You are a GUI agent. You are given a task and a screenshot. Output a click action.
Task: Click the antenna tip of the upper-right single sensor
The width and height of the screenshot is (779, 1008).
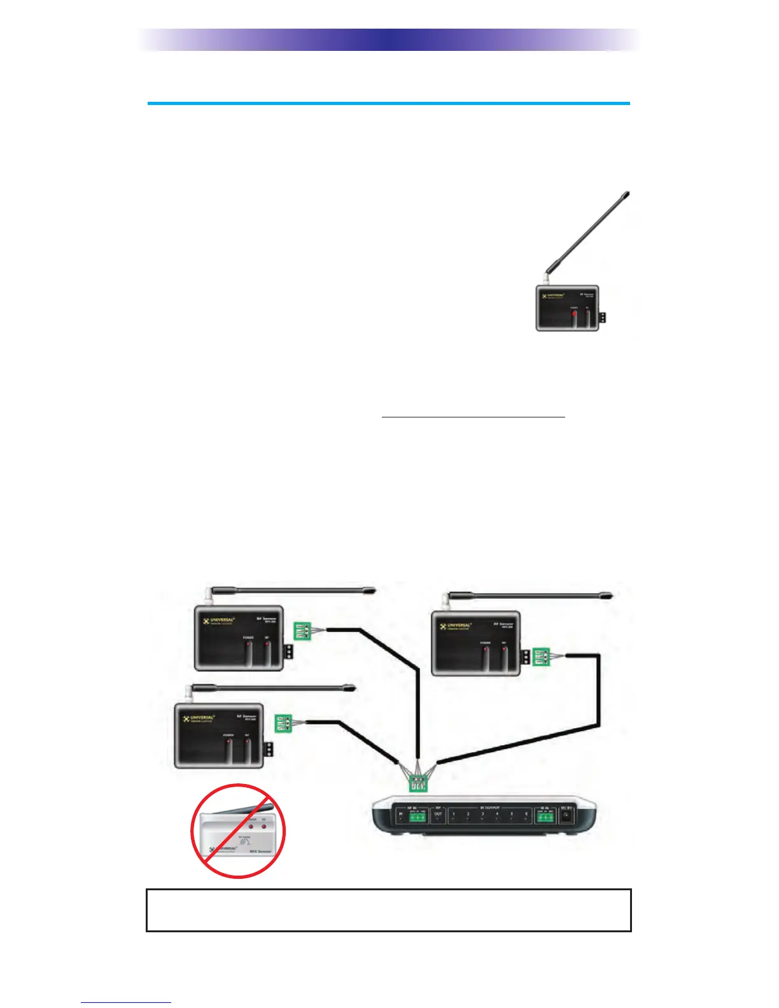[627, 193]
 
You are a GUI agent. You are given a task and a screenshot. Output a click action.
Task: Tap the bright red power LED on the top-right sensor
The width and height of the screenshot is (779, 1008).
[573, 314]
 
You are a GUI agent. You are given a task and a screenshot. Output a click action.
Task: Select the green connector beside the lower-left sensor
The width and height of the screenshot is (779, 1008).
[283, 724]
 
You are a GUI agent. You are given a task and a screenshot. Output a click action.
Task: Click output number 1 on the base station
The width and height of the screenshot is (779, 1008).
[453, 815]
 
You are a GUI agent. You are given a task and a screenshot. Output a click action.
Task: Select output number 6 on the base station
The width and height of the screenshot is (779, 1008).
[526, 815]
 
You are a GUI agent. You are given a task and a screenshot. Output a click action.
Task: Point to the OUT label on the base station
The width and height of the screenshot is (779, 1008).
[438, 814]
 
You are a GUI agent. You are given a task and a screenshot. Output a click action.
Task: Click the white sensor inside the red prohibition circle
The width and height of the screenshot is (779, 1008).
[239, 831]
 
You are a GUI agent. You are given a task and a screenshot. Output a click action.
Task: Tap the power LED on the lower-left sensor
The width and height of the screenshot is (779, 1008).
[228, 743]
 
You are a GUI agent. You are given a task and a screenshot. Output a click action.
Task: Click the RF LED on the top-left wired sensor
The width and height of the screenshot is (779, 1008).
[267, 645]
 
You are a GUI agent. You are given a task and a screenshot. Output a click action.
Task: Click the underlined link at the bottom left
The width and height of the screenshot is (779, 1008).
[126, 1002]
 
